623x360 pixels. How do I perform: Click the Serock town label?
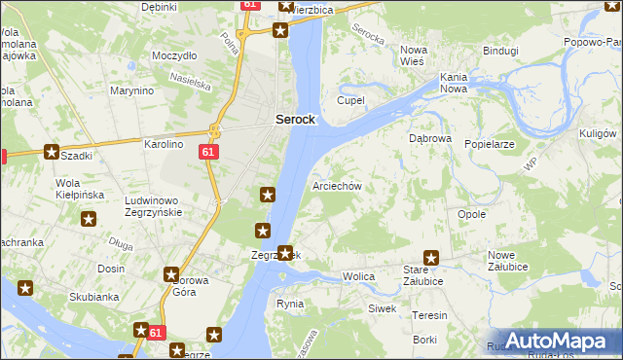pyautogui.click(x=295, y=119)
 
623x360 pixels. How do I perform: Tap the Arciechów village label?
pyautogui.click(x=337, y=186)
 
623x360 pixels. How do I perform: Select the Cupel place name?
pyautogui.click(x=350, y=100)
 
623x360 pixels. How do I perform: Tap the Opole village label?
pyautogui.click(x=471, y=214)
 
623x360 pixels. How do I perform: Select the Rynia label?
pyautogui.click(x=290, y=304)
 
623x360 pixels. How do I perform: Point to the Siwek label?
pyautogui.click(x=382, y=308)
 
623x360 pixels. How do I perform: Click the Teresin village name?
pyautogui.click(x=429, y=315)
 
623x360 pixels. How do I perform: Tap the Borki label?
pyautogui.click(x=424, y=340)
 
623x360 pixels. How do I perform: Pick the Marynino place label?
pyautogui.click(x=132, y=90)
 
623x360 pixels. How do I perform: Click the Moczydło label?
pyautogui.click(x=175, y=55)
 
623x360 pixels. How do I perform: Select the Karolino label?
pyautogui.click(x=164, y=144)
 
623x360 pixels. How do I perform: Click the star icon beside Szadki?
pyautogui.click(x=52, y=152)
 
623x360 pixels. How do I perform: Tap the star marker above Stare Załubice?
pyautogui.click(x=430, y=259)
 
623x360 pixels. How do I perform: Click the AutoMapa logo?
pyautogui.click(x=556, y=341)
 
